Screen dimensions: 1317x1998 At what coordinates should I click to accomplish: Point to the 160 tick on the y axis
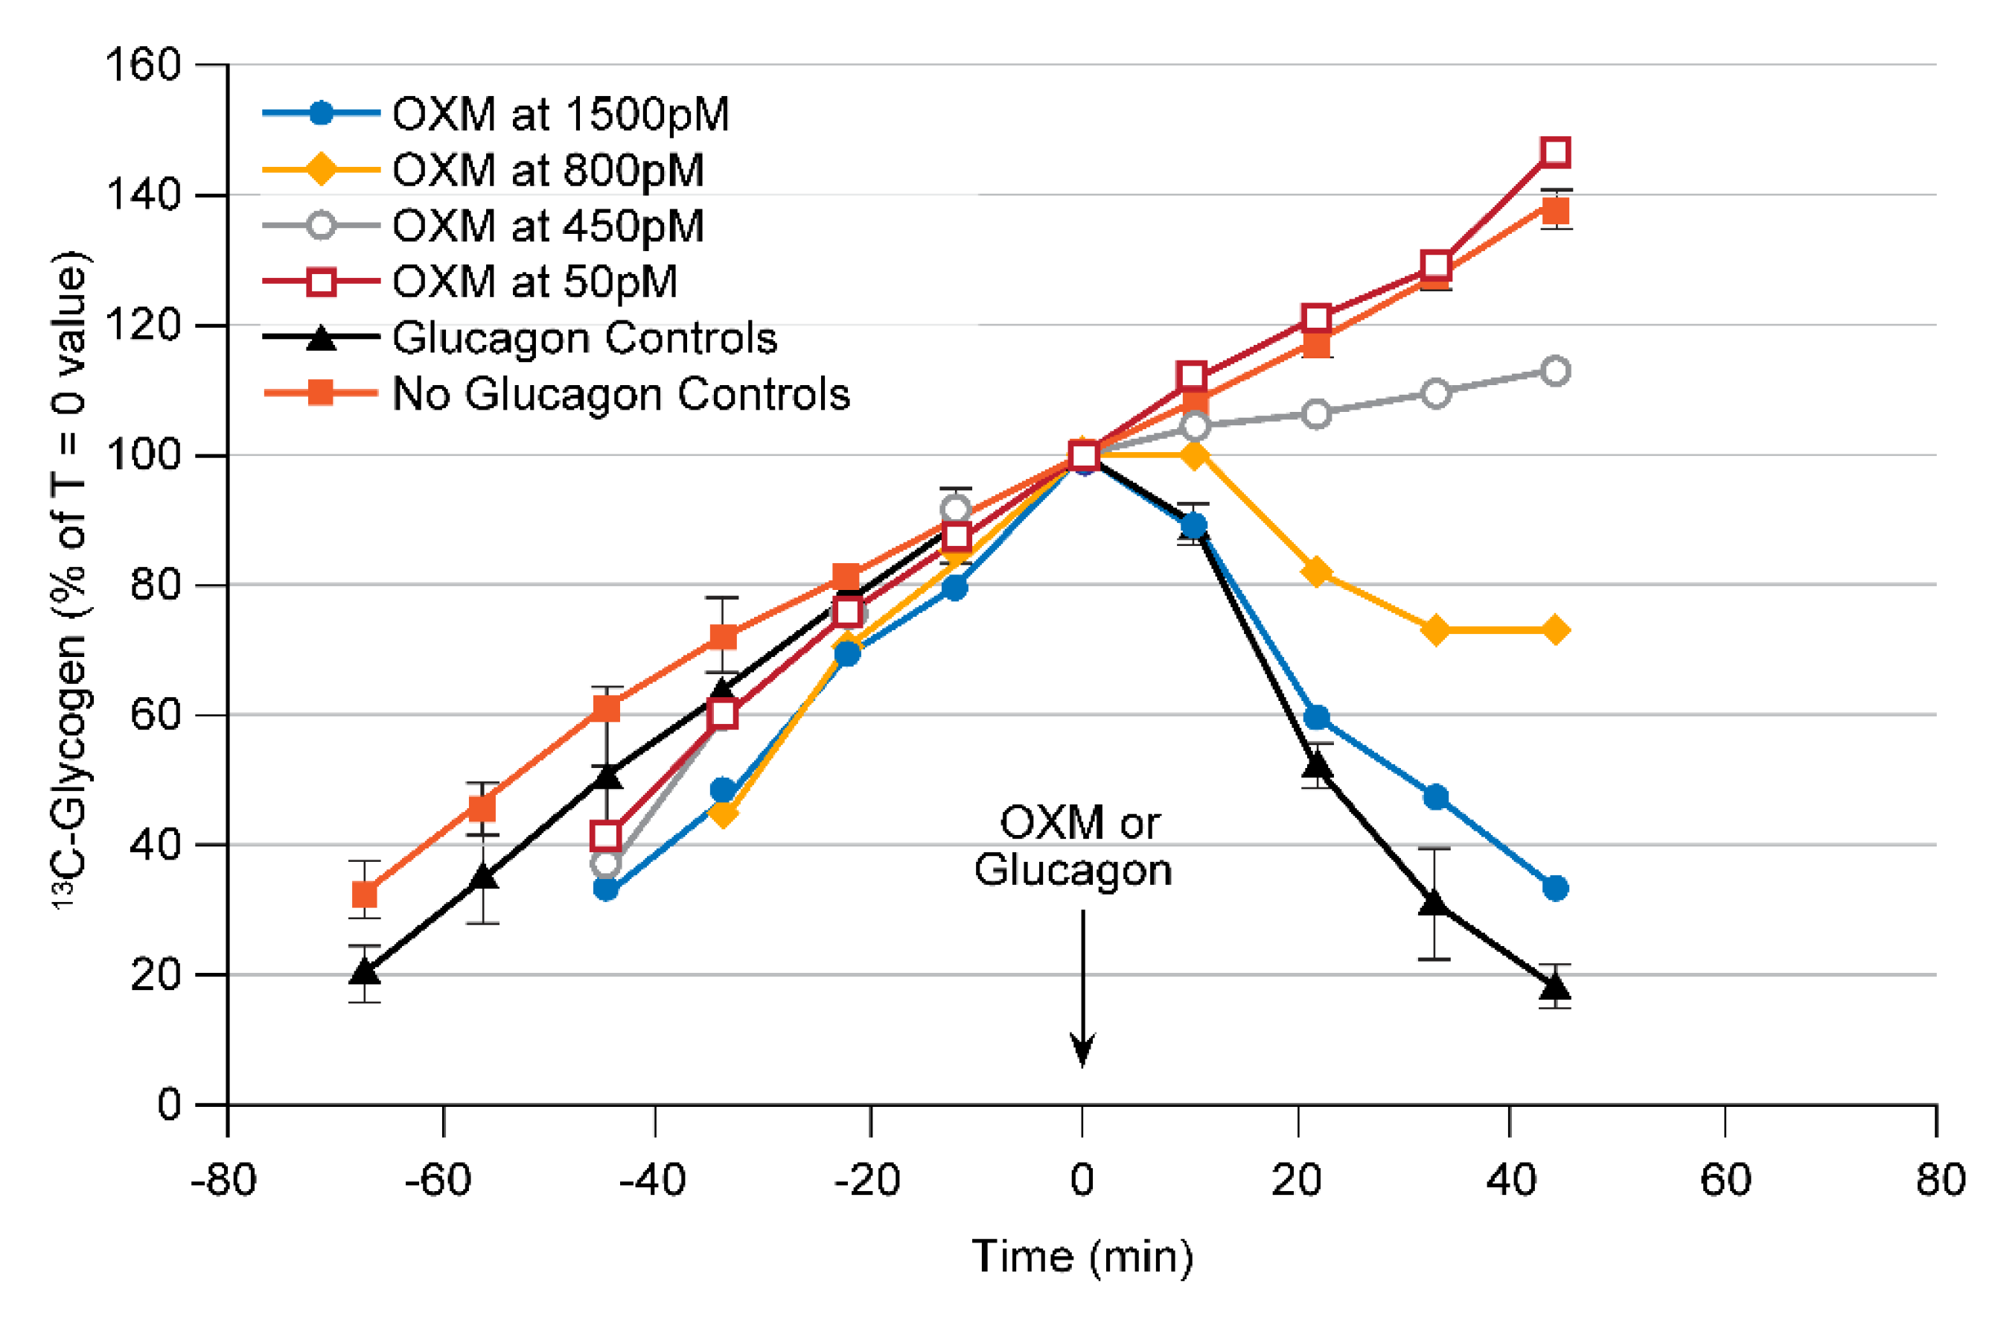(x=143, y=65)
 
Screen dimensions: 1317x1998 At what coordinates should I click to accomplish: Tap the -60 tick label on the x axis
(x=438, y=1179)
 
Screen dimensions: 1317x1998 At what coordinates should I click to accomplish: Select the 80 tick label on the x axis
(x=1940, y=1179)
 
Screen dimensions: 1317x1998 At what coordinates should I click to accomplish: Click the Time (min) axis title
(x=1082, y=1257)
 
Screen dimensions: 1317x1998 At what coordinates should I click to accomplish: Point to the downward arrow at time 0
(x=1082, y=991)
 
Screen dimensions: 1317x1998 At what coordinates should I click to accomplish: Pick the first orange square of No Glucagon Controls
(x=364, y=895)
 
